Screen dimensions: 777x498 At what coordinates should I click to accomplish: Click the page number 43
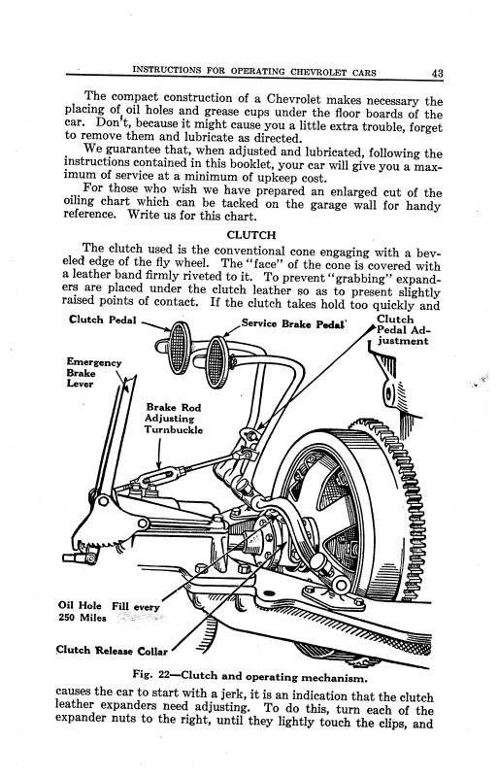pos(438,71)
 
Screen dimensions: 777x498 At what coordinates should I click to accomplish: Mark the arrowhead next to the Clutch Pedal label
pos(167,330)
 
